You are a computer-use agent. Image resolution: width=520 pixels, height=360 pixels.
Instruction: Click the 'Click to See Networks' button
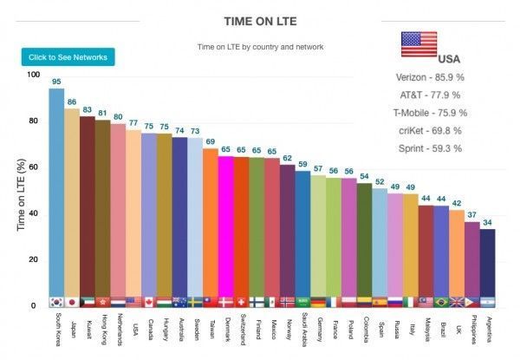click(68, 57)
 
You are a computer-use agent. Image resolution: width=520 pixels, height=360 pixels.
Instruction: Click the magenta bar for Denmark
click(225, 226)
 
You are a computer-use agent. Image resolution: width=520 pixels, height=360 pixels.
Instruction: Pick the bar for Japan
click(72, 204)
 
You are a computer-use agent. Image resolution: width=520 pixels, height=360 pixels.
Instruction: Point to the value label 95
click(56, 82)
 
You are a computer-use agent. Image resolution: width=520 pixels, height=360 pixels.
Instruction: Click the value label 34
click(487, 222)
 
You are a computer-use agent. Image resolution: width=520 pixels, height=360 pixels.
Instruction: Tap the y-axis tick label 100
click(32, 75)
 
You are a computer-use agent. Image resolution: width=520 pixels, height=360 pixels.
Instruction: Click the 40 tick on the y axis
click(34, 213)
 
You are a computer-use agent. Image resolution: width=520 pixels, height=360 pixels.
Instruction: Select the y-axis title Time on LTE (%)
click(21, 187)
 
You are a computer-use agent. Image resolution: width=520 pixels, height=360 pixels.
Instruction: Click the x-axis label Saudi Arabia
click(303, 332)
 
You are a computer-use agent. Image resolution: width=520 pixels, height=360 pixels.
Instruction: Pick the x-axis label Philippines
click(471, 332)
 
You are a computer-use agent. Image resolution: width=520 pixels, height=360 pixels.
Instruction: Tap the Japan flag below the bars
click(72, 302)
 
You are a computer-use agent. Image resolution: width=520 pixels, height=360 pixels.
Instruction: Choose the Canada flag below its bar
click(148, 302)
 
